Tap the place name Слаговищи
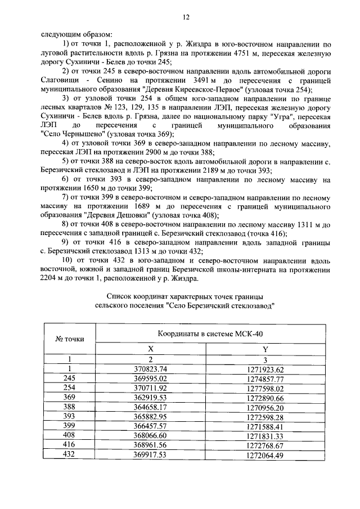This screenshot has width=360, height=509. [x=60, y=81]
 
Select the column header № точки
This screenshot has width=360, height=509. [x=69, y=339]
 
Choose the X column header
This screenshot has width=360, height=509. [x=150, y=349]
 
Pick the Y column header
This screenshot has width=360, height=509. [x=265, y=349]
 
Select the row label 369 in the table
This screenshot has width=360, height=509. [x=69, y=398]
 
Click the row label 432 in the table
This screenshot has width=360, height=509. [x=69, y=455]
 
